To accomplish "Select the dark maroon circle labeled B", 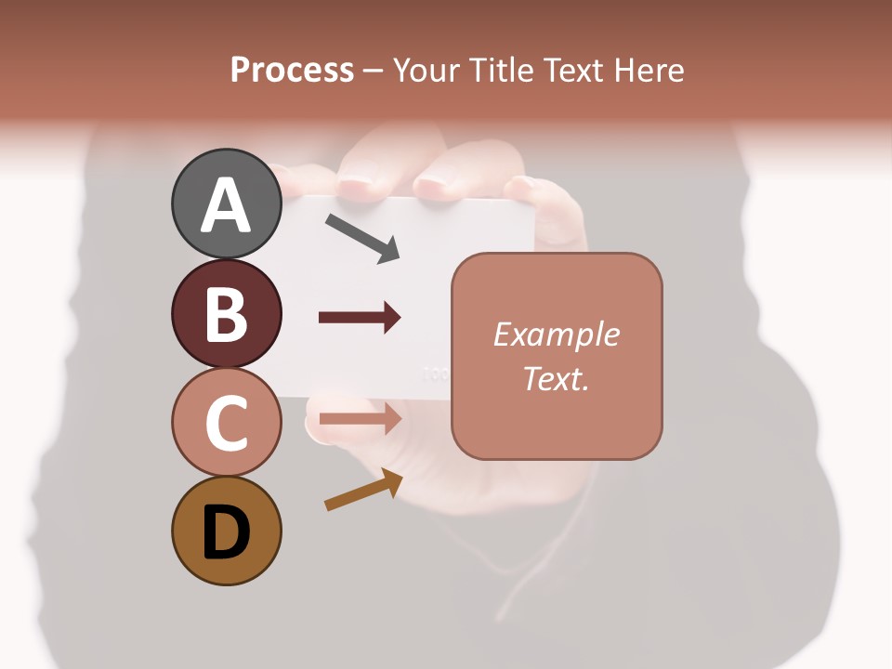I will pos(226,313).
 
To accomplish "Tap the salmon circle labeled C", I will pos(226,422).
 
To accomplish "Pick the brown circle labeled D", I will pos(226,531).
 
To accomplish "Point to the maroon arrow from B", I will pos(360,318).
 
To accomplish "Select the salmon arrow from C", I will pos(360,419).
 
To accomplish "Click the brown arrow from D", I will pos(363,490).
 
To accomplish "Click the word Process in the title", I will pos(292,71).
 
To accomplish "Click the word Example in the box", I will pos(556,334).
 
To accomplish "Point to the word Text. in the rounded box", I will pos(556,378).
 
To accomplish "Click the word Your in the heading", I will pos(426,71).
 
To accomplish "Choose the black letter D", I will pos(226,532).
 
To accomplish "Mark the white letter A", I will pos(226,205).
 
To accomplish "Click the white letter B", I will pos(226,314).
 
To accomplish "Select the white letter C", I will pos(226,423).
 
